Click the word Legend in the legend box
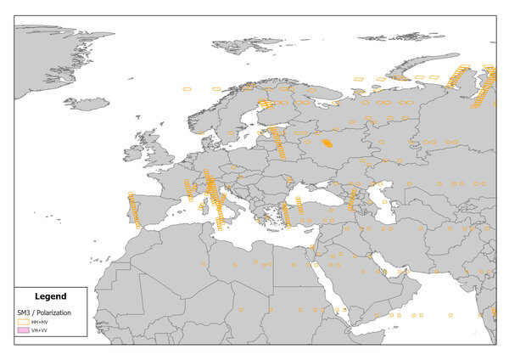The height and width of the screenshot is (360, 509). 50,296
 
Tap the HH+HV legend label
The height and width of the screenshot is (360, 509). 39,322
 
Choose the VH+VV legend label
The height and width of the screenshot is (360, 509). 39,330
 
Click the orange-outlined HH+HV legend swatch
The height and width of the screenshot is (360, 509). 22,322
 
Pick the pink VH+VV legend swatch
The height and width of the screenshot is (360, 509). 22,330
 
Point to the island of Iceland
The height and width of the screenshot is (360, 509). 87,104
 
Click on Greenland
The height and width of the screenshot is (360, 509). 51,51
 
